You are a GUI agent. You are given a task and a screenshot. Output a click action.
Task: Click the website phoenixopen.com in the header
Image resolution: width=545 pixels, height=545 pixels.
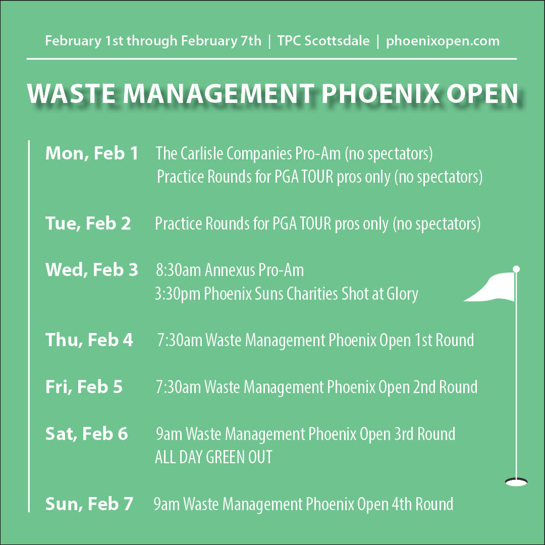point(443,41)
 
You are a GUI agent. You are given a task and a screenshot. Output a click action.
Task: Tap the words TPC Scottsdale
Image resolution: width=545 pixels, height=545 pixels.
point(323,41)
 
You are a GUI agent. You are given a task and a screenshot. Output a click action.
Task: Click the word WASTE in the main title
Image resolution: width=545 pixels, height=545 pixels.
point(71,93)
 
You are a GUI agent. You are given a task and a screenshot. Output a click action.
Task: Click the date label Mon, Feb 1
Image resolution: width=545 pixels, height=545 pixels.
point(92,153)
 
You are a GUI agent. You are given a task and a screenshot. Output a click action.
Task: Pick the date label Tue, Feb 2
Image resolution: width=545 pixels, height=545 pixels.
point(88,223)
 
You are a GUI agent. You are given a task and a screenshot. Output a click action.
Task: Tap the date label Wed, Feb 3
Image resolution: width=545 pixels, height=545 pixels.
point(92,269)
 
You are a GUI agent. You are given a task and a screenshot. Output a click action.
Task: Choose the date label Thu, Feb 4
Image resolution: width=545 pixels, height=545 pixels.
point(89,340)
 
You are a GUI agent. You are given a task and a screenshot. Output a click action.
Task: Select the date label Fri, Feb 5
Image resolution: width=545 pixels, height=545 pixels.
point(84,387)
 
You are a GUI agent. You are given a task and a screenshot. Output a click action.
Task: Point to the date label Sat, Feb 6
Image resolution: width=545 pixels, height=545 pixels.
point(87,433)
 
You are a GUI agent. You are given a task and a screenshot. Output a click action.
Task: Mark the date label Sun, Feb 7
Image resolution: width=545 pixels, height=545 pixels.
point(89,504)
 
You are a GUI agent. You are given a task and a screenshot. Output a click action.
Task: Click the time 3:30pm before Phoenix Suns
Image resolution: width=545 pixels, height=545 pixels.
point(177,294)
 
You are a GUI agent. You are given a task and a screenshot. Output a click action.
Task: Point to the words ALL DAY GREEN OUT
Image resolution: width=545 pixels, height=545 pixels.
point(213,457)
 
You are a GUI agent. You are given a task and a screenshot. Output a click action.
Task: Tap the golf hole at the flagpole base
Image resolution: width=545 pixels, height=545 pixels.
point(516,482)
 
